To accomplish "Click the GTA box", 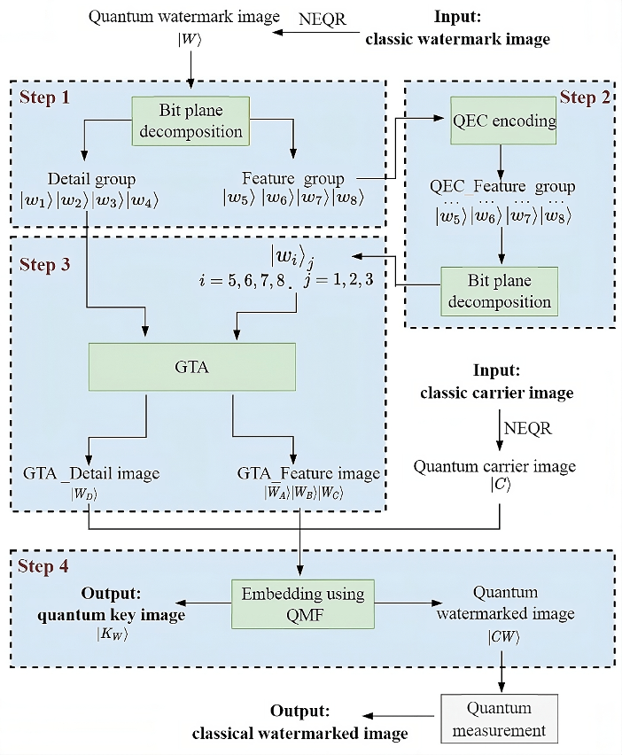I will pyautogui.click(x=191, y=366).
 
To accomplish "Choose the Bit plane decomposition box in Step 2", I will pyautogui.click(x=501, y=292).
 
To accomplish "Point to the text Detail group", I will pyautogui.click(x=90, y=179).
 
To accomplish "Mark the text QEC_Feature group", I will pyautogui.click(x=502, y=187).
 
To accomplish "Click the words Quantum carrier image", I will pyautogui.click(x=494, y=466).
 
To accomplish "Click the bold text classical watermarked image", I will pyautogui.click(x=301, y=733).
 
